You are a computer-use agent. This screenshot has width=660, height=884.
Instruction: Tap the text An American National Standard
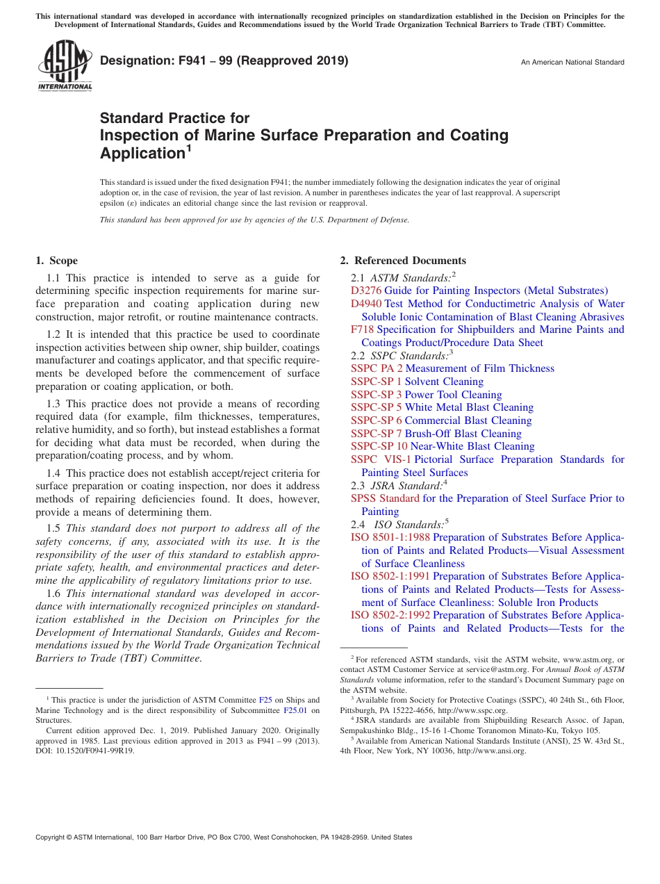[x=572, y=63]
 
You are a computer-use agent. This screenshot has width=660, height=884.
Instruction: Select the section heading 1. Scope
[x=57, y=261]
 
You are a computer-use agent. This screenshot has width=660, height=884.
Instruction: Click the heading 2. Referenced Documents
[x=403, y=261]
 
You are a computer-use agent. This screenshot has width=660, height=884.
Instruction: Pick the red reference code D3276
[x=366, y=290]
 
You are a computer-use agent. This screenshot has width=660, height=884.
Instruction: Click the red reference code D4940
[x=366, y=304]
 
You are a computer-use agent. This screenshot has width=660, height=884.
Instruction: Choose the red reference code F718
[x=363, y=329]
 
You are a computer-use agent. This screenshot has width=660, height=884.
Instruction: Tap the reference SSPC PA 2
[x=377, y=368]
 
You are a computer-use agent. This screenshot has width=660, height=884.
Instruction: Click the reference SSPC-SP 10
[x=379, y=446]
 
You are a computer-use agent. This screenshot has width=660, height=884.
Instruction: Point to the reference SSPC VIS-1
[x=381, y=459]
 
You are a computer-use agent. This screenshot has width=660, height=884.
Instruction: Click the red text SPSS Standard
[x=385, y=498]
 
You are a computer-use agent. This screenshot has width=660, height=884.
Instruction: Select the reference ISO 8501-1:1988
[x=390, y=537]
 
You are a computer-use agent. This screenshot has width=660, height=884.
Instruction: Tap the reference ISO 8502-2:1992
[x=390, y=615]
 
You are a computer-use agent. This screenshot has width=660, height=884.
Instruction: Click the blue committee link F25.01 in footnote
[x=295, y=711]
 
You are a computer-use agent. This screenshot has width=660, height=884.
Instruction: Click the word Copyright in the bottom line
[x=52, y=837]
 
